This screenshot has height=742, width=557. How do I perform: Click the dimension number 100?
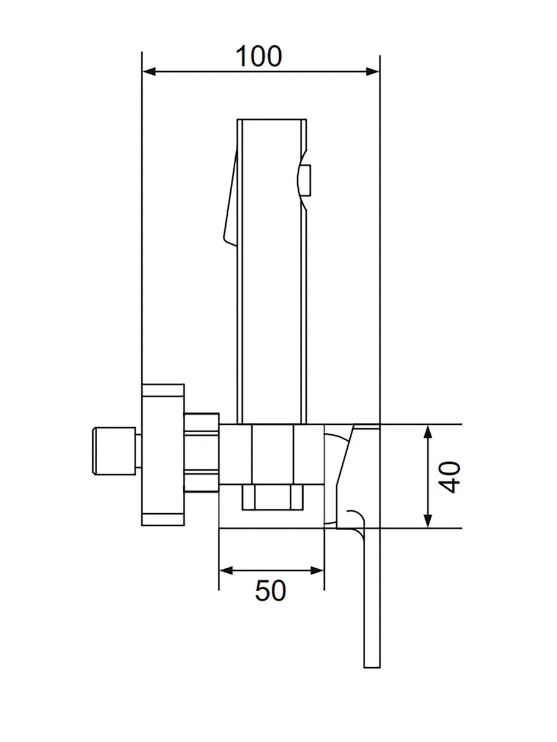click(259, 56)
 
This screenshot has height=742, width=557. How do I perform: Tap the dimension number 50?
click(270, 591)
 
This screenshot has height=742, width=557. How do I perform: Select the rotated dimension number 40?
click(449, 477)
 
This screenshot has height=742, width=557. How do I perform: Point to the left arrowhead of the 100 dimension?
click(149, 72)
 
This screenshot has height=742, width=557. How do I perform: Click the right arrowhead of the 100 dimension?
click(373, 72)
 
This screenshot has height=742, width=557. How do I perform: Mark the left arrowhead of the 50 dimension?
click(227, 571)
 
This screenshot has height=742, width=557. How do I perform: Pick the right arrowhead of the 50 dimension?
click(317, 571)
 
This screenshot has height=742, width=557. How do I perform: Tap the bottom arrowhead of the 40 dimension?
click(428, 521)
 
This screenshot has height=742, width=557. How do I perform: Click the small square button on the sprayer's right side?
click(307, 180)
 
